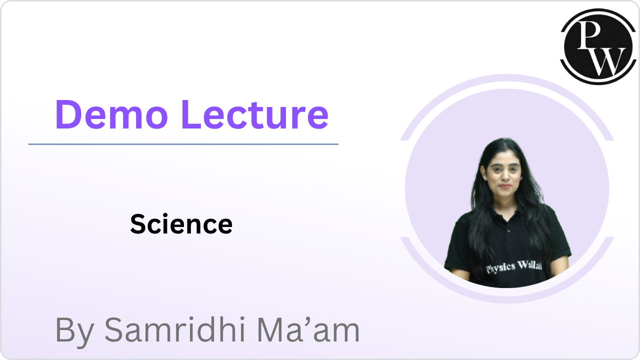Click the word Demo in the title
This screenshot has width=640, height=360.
pos(111,114)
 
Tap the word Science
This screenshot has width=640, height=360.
pos(181,224)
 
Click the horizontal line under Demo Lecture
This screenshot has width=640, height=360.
pos(183,144)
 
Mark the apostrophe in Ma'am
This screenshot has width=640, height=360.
pos(310,320)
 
